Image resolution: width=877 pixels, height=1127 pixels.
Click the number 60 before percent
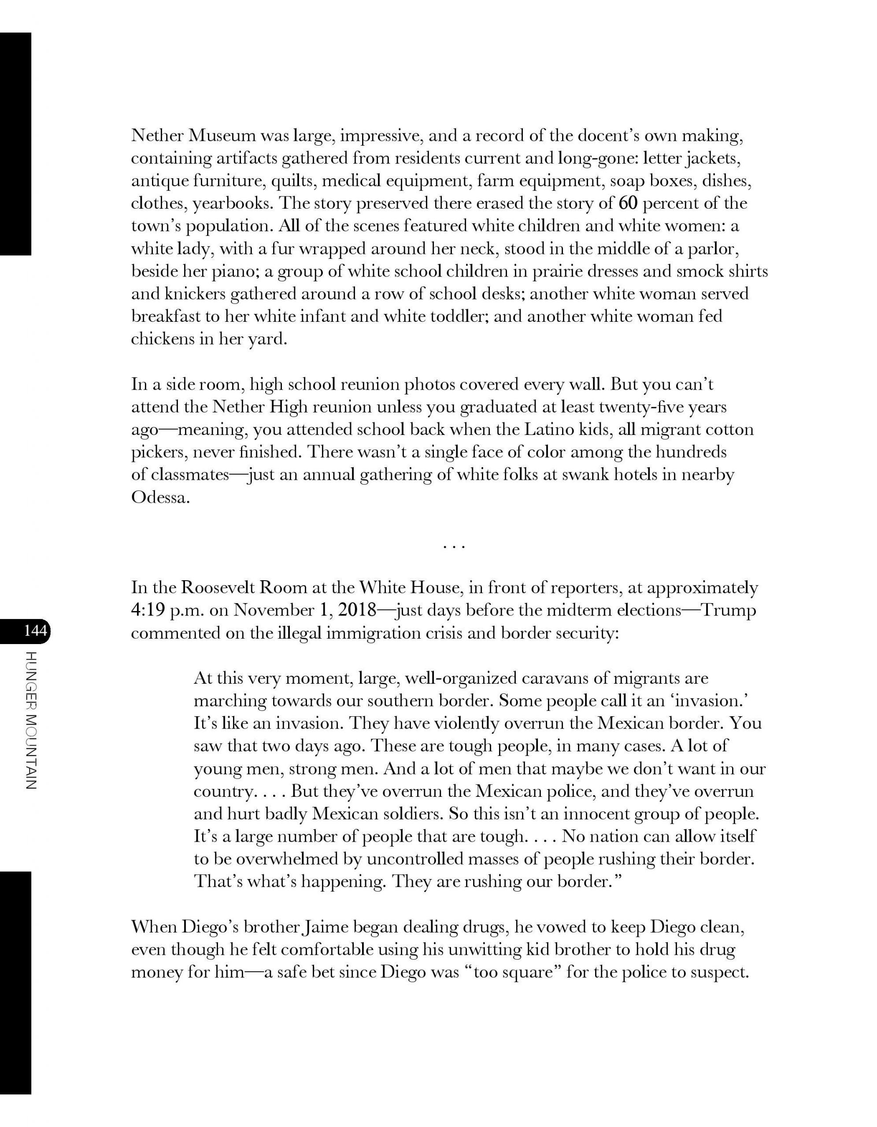tap(628, 203)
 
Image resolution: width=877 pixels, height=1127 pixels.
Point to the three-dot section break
tap(454, 546)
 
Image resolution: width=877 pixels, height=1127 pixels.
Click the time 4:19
tap(148, 611)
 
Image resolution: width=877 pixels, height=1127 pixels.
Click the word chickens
tap(162, 339)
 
